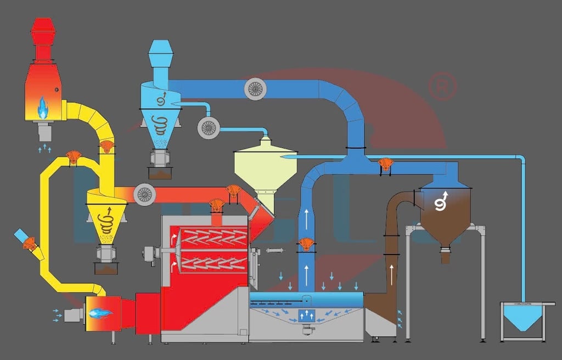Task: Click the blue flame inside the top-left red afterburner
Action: pyautogui.click(x=42, y=108)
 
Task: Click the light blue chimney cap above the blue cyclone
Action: pyautogui.click(x=160, y=53)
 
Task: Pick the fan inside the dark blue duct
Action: pyautogui.click(x=255, y=88)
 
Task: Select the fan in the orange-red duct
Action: pyautogui.click(x=145, y=194)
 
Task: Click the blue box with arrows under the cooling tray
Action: pyautogui.click(x=307, y=316)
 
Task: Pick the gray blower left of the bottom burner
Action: pyautogui.click(x=72, y=314)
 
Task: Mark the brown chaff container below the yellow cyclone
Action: pyautogui.click(x=106, y=268)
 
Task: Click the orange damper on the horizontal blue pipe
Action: pyautogui.click(x=386, y=164)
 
